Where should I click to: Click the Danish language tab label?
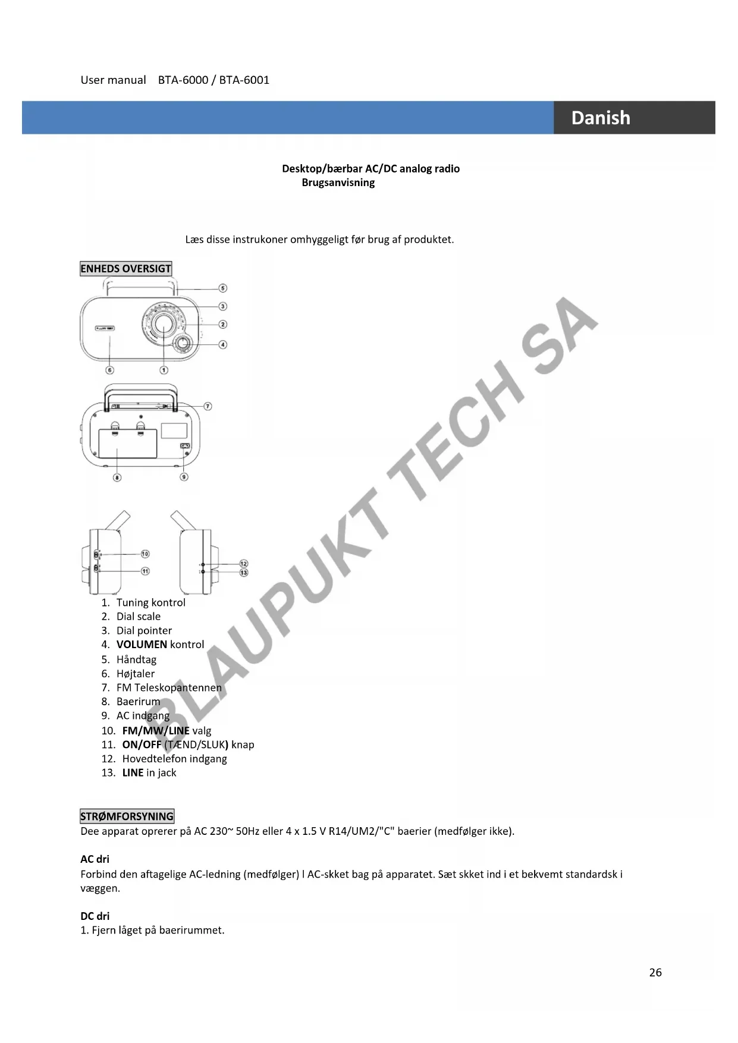pyautogui.click(x=600, y=118)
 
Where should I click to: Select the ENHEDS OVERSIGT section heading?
pyautogui.click(x=125, y=269)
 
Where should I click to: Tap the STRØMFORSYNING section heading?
pyautogui.click(x=127, y=816)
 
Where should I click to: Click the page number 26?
pyautogui.click(x=655, y=972)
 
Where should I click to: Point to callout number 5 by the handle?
pyautogui.click(x=222, y=288)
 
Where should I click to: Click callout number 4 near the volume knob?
pyautogui.click(x=222, y=344)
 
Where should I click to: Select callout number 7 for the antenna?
pyautogui.click(x=208, y=407)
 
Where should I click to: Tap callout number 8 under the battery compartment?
pyautogui.click(x=117, y=477)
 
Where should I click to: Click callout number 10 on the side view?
pyautogui.click(x=145, y=554)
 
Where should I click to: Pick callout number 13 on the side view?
pyautogui.click(x=243, y=573)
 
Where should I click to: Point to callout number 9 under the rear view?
pyautogui.click(x=184, y=477)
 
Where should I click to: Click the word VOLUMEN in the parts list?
pyautogui.click(x=142, y=645)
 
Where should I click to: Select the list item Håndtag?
pyautogui.click(x=136, y=659)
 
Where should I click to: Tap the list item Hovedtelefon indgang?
pyautogui.click(x=174, y=759)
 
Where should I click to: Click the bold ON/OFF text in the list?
pyautogui.click(x=142, y=744)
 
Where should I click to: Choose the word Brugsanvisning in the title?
pyautogui.click(x=338, y=183)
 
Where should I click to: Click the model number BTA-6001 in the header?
pyautogui.click(x=244, y=80)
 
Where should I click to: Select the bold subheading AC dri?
pyautogui.click(x=95, y=859)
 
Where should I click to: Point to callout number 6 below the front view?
pyautogui.click(x=109, y=370)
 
